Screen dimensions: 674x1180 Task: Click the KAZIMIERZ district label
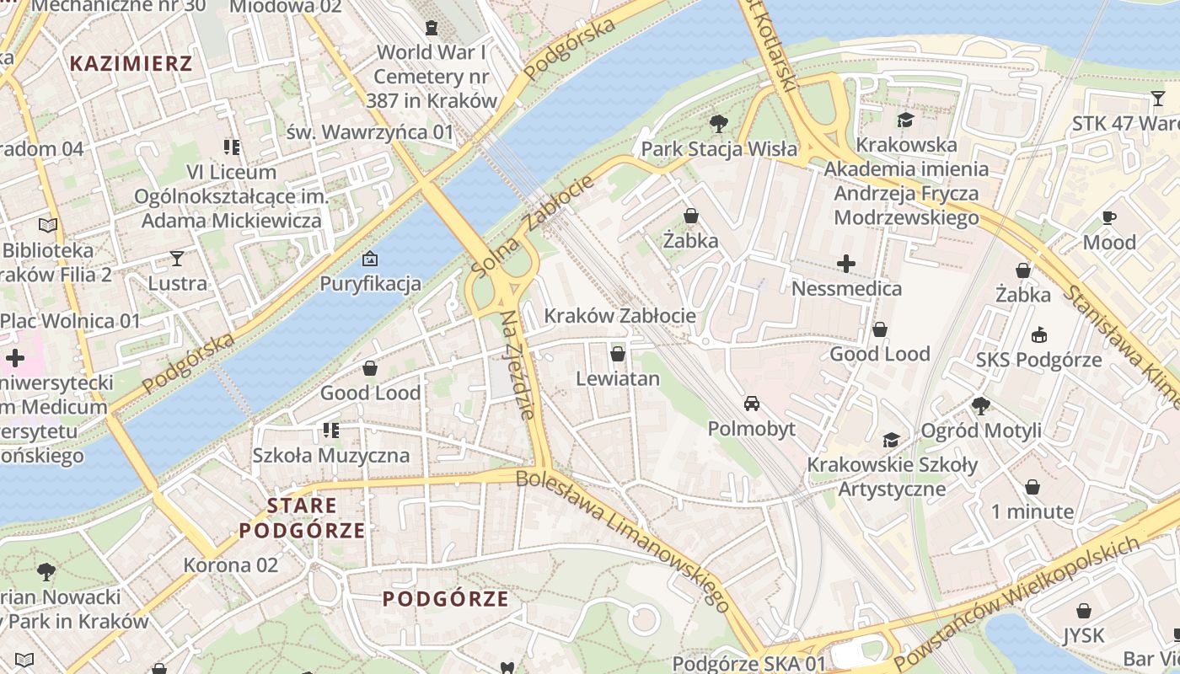(131, 63)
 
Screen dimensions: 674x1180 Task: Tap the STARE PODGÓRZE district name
(303, 518)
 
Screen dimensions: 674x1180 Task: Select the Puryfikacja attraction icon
(369, 259)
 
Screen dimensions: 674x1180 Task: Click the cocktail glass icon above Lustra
(177, 258)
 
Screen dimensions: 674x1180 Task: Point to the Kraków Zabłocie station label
(620, 316)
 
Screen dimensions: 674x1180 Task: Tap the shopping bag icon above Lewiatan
(618, 354)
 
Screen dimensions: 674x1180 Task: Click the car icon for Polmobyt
(752, 404)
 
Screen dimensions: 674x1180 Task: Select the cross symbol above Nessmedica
(846, 264)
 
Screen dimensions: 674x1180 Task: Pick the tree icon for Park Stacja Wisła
(719, 124)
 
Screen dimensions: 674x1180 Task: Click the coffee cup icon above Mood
(1109, 217)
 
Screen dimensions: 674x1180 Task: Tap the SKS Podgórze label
(1038, 360)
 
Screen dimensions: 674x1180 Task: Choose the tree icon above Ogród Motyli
(981, 405)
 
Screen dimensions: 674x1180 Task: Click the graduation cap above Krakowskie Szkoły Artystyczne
(892, 440)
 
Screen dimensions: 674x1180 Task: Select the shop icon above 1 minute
(1032, 487)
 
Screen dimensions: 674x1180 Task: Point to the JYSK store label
(1083, 634)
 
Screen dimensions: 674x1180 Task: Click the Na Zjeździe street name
(518, 365)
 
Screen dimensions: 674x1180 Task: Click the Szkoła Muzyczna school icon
(331, 431)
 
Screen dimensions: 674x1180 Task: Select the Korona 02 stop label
(231, 564)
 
